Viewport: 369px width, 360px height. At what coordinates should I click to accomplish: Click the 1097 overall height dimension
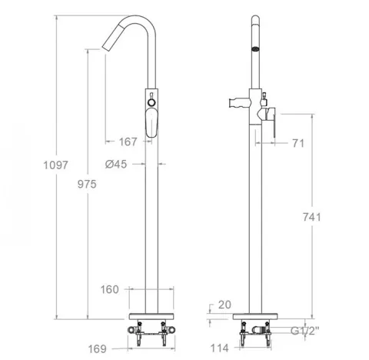point(55,165)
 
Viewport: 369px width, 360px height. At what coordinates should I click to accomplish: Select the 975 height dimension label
point(87,184)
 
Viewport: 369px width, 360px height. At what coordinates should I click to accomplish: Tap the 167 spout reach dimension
point(128,142)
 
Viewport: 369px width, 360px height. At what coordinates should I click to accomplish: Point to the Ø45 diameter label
point(116,164)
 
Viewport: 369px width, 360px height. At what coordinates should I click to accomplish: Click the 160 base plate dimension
point(109,289)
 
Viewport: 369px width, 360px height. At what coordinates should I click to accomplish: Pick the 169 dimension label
point(97,348)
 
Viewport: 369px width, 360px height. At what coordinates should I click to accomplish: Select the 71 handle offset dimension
point(298,143)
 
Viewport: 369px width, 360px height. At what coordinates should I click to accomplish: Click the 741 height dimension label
point(311,217)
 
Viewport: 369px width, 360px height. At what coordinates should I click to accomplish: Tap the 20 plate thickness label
point(224,305)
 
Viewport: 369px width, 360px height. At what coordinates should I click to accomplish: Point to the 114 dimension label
point(219,348)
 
